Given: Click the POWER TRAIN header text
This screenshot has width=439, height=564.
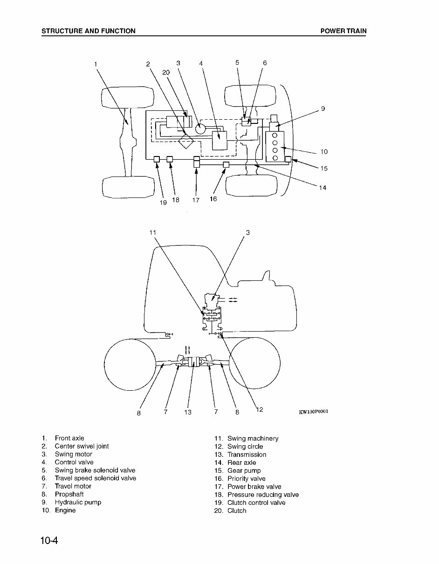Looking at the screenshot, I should (x=343, y=31).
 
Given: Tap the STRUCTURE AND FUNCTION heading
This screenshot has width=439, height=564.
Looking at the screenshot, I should (x=89, y=31).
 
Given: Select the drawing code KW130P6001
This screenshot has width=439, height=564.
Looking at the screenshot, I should (x=317, y=412).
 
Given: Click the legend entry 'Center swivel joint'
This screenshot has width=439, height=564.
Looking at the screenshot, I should (x=82, y=446).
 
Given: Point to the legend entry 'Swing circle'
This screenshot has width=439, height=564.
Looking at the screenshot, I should (x=245, y=447).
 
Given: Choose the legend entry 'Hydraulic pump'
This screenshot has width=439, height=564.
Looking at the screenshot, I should (x=78, y=502).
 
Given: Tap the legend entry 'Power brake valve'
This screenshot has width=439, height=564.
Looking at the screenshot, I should (x=254, y=487).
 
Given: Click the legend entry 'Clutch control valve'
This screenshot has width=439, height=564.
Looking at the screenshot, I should (x=256, y=503).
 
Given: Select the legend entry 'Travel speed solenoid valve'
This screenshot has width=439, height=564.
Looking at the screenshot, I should (x=95, y=478).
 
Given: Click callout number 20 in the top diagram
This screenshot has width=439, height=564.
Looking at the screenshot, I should (x=166, y=72).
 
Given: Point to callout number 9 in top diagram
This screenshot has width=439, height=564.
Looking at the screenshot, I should (x=323, y=109).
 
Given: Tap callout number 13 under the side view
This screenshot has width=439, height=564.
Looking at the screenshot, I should (x=187, y=412).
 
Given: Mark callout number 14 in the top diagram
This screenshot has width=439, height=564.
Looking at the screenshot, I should (x=322, y=188).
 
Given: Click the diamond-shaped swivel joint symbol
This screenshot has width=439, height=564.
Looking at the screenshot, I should (x=186, y=140).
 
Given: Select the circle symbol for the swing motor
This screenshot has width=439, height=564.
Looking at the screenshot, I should (x=200, y=127).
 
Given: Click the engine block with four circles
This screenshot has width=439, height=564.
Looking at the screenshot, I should (x=275, y=147).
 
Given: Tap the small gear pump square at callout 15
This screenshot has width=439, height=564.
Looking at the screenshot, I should (x=288, y=159).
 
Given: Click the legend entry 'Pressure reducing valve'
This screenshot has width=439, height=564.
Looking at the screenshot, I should (x=263, y=495).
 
